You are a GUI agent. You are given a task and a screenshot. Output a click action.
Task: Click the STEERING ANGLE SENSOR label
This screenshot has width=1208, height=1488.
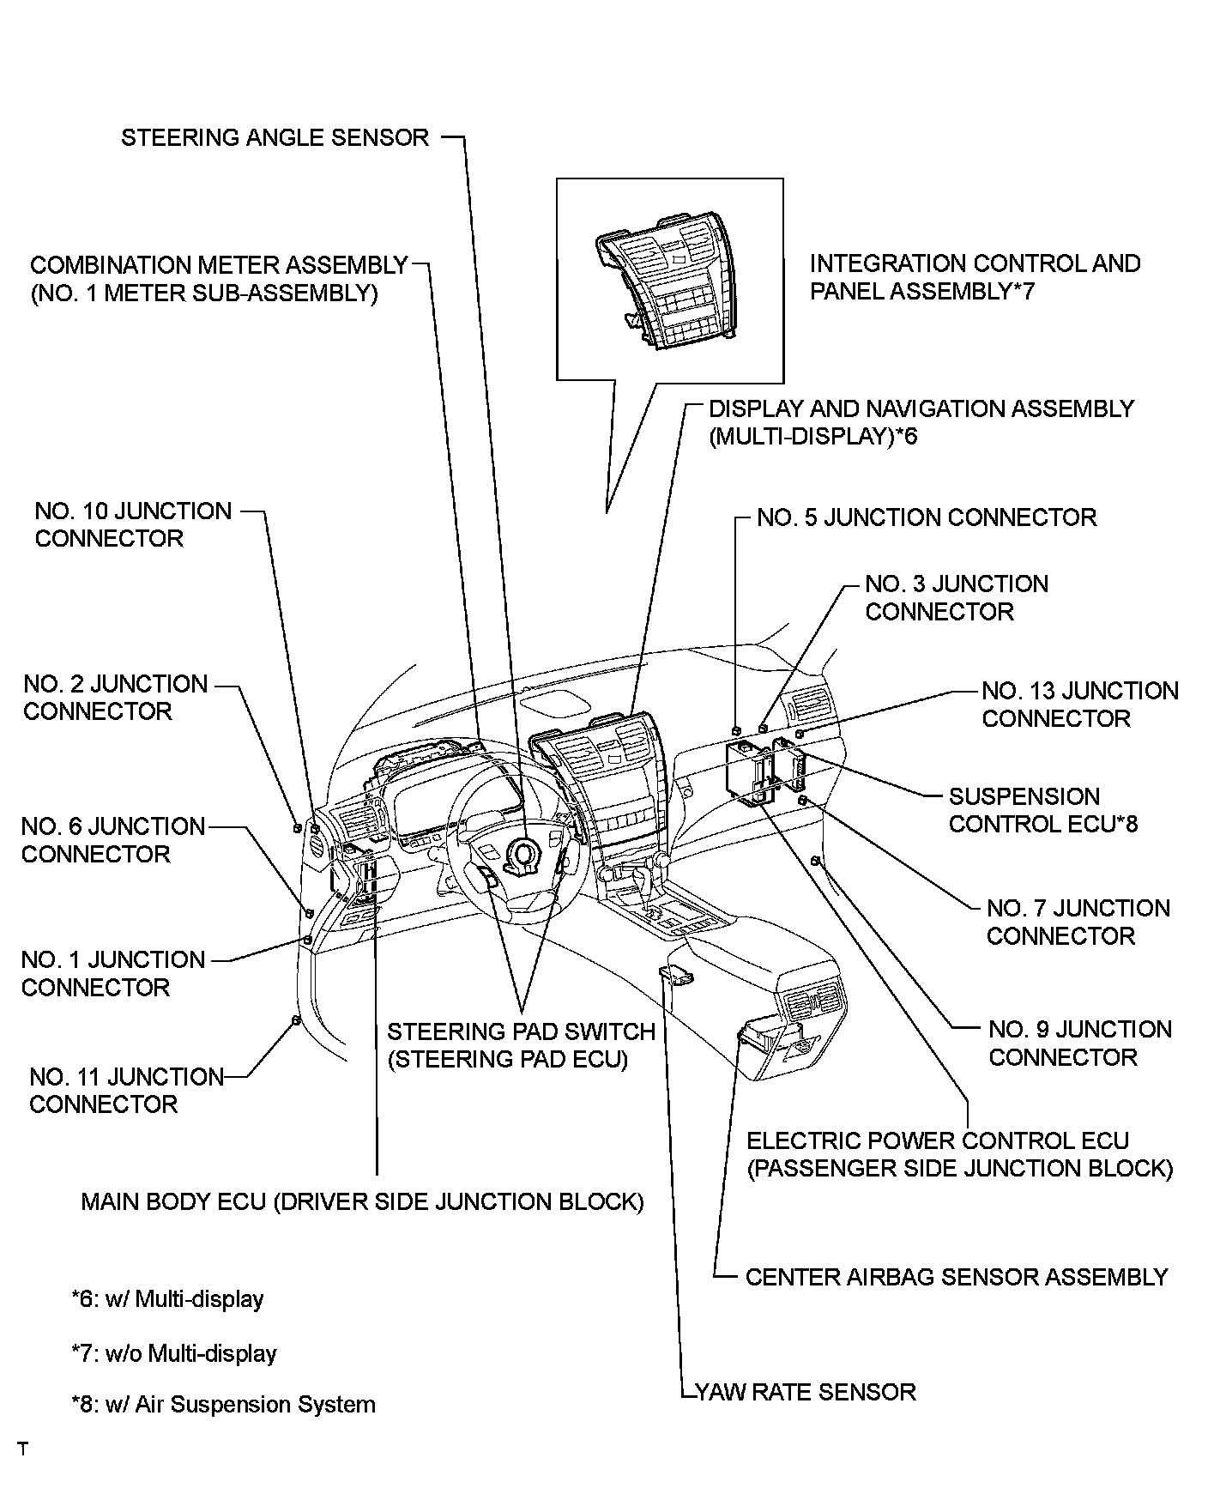pyautogui.click(x=275, y=138)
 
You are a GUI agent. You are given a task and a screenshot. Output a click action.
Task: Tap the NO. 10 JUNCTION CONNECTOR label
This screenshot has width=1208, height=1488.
pyautogui.click(x=133, y=524)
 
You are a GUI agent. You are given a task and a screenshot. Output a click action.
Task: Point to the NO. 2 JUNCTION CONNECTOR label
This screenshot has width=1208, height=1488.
pyautogui.click(x=115, y=698)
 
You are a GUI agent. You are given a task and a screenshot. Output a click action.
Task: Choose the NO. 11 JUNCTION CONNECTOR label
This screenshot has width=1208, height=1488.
pyautogui.click(x=126, y=1090)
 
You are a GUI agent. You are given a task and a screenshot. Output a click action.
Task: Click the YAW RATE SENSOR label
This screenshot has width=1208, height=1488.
pyautogui.click(x=805, y=1391)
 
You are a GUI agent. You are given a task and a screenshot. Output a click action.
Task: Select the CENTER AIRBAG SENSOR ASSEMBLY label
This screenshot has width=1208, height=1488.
pyautogui.click(x=956, y=1277)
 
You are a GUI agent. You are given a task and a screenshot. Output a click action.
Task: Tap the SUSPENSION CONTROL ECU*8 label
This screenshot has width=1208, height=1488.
pyautogui.click(x=1042, y=810)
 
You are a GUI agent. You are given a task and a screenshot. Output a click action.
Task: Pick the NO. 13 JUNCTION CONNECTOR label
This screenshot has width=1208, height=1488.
pyautogui.click(x=1079, y=705)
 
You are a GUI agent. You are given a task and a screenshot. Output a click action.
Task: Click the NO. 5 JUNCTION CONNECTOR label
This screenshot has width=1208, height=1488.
pyautogui.click(x=927, y=517)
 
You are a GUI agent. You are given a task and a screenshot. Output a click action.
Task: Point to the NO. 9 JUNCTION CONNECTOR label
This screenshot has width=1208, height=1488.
pyautogui.click(x=1079, y=1043)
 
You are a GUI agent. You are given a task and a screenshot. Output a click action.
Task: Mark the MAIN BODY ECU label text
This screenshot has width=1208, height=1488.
pyautogui.click(x=362, y=1201)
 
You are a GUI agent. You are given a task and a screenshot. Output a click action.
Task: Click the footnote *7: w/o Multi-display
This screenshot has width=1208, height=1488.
pyautogui.click(x=174, y=1353)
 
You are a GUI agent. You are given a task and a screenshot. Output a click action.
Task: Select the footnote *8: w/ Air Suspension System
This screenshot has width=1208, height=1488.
pyautogui.click(x=223, y=1405)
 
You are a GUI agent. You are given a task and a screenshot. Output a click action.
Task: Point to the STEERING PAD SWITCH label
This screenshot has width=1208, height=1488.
pyautogui.click(x=521, y=1045)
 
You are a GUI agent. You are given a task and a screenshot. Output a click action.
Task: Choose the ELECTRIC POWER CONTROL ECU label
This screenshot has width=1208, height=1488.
pyautogui.click(x=959, y=1154)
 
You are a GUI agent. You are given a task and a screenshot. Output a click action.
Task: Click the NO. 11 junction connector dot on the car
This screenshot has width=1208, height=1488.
pyautogui.click(x=295, y=1019)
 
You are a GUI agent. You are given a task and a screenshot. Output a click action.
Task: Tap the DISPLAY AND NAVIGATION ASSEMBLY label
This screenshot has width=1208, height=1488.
pyautogui.click(x=921, y=422)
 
